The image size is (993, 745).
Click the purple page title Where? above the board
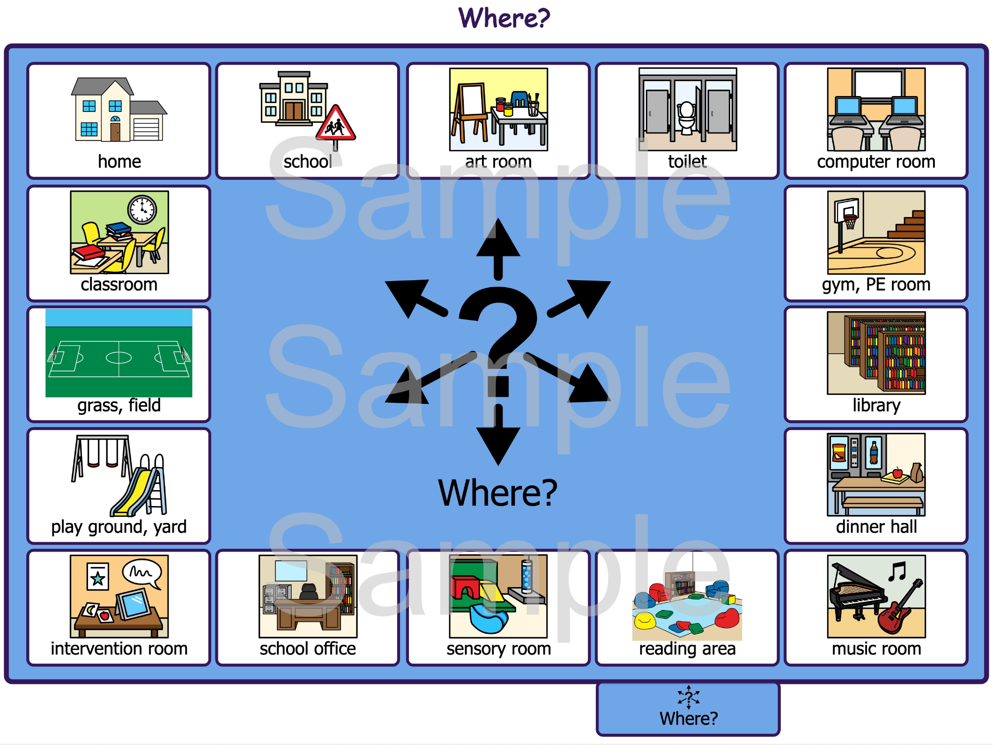(x=504, y=18)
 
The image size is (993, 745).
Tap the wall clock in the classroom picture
(x=142, y=209)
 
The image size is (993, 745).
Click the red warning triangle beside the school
(x=335, y=123)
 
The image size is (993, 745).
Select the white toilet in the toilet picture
(x=687, y=118)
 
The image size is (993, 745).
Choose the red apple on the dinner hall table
(x=897, y=473)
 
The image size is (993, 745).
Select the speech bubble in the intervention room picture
(x=141, y=573)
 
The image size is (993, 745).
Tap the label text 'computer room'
(x=876, y=162)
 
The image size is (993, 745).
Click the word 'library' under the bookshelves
(x=876, y=405)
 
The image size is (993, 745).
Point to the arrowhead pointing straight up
(x=498, y=238)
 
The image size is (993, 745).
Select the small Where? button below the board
(x=688, y=709)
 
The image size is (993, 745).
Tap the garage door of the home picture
(x=146, y=129)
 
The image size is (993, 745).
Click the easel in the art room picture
(x=470, y=113)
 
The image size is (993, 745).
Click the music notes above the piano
(x=897, y=571)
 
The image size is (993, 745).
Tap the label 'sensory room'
(x=498, y=649)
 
